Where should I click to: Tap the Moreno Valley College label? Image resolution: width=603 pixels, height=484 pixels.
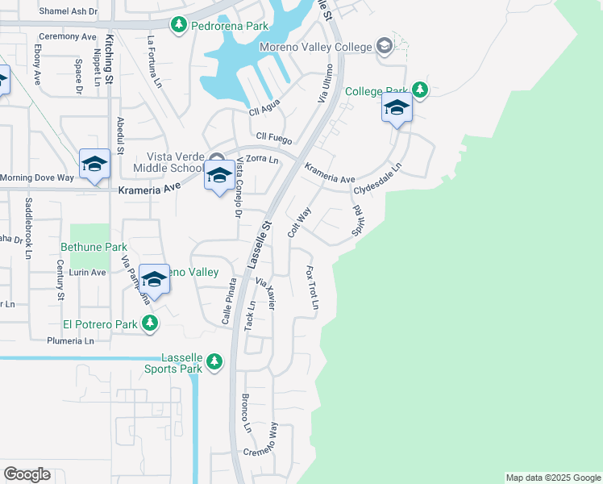coord(315,47)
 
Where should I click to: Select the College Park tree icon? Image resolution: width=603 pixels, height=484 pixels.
coord(419,89)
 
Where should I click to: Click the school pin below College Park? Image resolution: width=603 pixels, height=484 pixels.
coord(397,109)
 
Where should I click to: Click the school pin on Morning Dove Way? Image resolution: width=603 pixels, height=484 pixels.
coord(94,165)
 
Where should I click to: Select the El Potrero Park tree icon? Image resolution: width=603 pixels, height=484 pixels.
coord(149,323)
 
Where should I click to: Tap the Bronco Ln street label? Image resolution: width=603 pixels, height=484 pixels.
coord(247,414)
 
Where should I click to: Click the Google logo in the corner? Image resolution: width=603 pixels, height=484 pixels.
coord(27,474)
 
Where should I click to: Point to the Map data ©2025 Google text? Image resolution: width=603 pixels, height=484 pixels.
coord(553,478)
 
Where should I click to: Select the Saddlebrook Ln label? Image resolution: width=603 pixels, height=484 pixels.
coord(27,240)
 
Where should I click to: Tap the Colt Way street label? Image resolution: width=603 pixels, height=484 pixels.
coord(299,223)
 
